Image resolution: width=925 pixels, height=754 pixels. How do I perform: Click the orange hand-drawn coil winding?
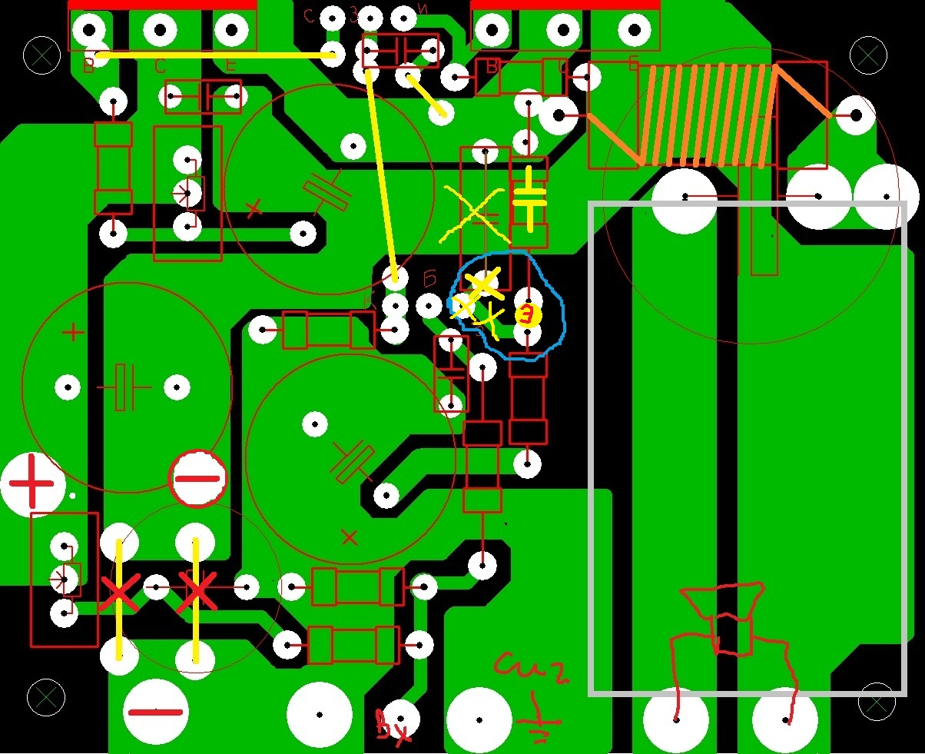tap(707, 115)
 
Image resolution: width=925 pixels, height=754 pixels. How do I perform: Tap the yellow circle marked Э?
tap(528, 315)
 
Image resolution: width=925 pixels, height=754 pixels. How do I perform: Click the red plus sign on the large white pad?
tap(31, 485)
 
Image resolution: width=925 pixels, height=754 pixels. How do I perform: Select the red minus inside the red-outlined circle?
tap(197, 479)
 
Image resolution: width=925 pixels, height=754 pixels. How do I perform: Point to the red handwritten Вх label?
tap(393, 726)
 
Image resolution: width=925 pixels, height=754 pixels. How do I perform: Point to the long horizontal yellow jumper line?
tap(215, 55)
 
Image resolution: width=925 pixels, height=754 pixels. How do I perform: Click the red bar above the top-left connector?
tap(162, 5)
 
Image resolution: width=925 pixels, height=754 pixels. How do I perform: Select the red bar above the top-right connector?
tap(565, 5)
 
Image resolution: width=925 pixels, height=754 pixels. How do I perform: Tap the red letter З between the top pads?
tap(354, 16)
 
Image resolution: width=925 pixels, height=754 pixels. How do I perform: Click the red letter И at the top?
tap(423, 10)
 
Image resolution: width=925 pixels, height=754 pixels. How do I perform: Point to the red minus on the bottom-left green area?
tap(155, 712)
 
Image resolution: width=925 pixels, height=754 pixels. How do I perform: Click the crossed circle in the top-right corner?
tap(868, 55)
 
